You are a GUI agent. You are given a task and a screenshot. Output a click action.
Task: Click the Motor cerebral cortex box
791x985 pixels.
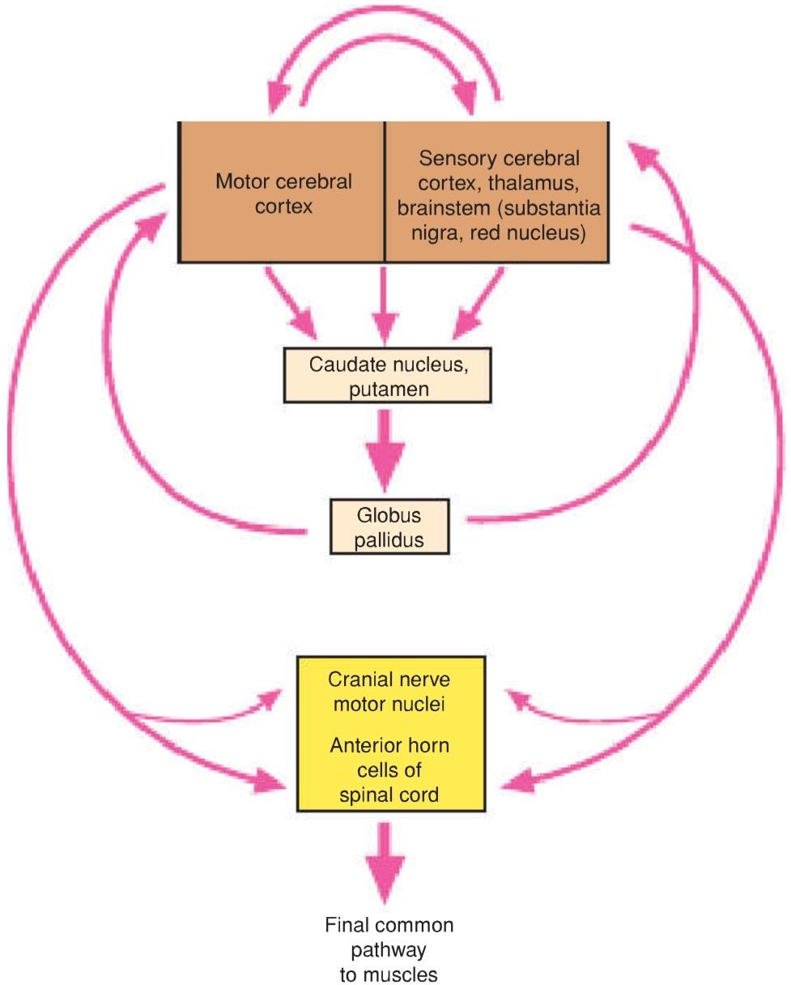(282, 192)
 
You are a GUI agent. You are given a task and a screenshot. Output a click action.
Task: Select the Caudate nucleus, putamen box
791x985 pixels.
(388, 375)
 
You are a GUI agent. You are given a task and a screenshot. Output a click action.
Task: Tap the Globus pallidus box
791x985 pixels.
(389, 527)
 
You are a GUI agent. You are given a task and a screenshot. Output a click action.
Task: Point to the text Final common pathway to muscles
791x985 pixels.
(389, 949)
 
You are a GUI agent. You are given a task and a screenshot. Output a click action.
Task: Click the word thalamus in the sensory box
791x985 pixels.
(533, 183)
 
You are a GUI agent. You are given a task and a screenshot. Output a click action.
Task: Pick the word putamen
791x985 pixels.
(389, 390)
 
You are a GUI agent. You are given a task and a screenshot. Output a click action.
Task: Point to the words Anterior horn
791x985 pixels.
(389, 745)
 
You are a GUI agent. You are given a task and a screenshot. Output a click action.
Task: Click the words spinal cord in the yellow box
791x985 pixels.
(389, 795)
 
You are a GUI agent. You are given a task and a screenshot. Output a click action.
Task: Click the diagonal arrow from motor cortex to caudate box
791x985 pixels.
(291, 303)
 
